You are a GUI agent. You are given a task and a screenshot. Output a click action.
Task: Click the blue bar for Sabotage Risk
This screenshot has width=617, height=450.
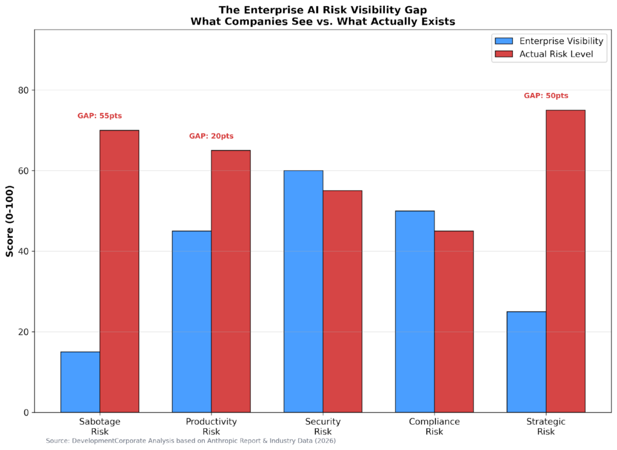(80, 382)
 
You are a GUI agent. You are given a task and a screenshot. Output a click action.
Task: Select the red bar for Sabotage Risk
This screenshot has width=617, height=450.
(119, 271)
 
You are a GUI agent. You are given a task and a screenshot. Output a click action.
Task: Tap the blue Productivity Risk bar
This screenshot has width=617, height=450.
(192, 322)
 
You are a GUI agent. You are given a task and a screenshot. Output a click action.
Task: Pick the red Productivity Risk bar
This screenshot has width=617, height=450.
(231, 281)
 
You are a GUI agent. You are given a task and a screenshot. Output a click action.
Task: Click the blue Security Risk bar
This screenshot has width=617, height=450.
(303, 291)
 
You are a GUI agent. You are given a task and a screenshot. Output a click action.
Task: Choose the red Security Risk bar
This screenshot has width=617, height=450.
(342, 302)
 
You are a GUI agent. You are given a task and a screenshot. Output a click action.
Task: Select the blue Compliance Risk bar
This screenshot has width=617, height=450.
(415, 311)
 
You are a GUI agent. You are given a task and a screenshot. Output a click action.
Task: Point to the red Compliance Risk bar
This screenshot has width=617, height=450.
(454, 322)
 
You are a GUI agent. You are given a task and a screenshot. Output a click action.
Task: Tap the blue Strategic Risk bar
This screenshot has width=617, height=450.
(526, 362)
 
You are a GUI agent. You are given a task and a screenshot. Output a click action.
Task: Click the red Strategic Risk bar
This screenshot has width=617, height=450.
(565, 261)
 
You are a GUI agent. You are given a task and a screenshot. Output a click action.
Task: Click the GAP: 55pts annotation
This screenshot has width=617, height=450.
(100, 116)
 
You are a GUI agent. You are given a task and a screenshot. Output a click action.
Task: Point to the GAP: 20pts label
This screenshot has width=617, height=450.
(211, 136)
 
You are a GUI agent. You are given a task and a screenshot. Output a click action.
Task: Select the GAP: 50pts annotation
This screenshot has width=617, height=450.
(546, 96)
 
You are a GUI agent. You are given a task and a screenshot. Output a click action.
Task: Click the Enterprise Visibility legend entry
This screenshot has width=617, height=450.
(548, 41)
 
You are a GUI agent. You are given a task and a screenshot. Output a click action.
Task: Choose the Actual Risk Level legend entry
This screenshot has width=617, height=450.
(548, 54)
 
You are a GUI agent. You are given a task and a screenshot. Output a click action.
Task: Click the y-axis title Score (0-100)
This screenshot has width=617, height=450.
(10, 221)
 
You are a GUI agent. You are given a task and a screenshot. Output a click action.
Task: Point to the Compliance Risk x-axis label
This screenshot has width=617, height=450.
(434, 426)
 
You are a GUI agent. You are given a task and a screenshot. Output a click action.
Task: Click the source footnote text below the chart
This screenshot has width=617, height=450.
(190, 441)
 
